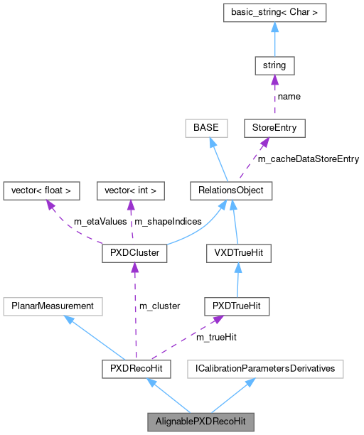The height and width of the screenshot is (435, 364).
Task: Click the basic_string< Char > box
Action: [x=274, y=12]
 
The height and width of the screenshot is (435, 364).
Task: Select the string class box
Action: [x=274, y=65]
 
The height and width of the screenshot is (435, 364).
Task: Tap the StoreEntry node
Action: [x=274, y=128]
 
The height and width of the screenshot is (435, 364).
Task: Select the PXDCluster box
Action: [x=134, y=252]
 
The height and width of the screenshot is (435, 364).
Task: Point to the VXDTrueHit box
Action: [x=236, y=252]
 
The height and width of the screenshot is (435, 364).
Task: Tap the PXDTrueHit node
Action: [x=236, y=306]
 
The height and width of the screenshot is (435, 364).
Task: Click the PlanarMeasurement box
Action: [x=53, y=306]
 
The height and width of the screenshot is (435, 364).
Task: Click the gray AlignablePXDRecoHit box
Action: [x=200, y=421]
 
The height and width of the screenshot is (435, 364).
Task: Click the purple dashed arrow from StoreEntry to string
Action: [x=274, y=97]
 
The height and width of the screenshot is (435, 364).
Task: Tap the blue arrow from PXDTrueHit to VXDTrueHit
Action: [x=236, y=279]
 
